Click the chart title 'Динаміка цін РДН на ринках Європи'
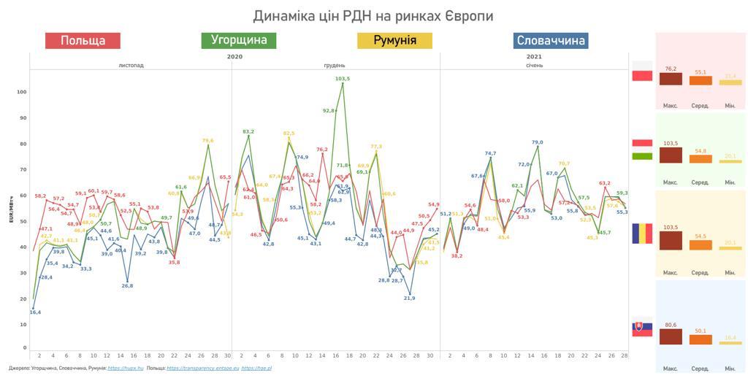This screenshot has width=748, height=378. pyautogui.click(x=373, y=15)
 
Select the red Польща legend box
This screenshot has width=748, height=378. pyautogui.click(x=83, y=41)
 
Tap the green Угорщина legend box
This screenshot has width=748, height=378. pyautogui.click(x=239, y=40)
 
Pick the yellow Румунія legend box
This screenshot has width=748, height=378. pyautogui.click(x=394, y=40)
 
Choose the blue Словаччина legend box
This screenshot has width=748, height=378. pyautogui.click(x=550, y=41)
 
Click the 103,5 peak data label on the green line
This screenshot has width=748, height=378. pyautogui.click(x=343, y=78)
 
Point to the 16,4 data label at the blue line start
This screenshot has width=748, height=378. pyautogui.click(x=35, y=312)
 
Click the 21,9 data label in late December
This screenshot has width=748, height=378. pyautogui.click(x=409, y=298)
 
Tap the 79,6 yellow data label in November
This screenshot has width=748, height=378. pyautogui.click(x=207, y=140)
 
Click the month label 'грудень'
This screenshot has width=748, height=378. pyautogui.click(x=335, y=65)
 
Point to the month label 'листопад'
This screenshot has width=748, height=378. pyautogui.click(x=131, y=65)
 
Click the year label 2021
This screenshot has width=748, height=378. pyautogui.click(x=534, y=56)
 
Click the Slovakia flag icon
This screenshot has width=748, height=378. pyautogui.click(x=642, y=329)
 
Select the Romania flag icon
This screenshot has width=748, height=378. pyautogui.click(x=642, y=234)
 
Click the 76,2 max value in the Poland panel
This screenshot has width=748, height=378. pyautogui.click(x=671, y=69)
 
